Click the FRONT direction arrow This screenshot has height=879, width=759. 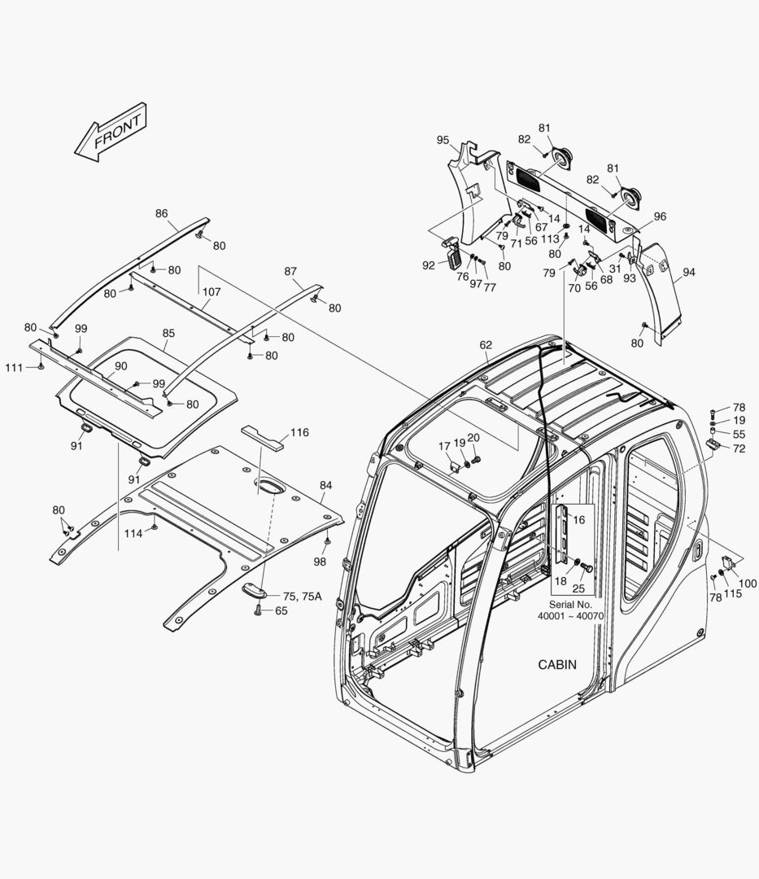110,131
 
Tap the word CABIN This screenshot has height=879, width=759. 557,664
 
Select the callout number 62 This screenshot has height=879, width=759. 486,345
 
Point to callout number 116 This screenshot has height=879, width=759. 299,432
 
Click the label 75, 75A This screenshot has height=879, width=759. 302,596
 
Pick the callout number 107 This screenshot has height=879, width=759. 212,291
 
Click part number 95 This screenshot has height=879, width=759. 443,140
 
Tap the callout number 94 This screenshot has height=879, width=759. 688,272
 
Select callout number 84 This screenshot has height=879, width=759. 325,485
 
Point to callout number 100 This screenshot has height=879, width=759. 748,584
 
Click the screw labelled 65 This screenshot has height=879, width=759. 259,610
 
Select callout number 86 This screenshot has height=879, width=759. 161,213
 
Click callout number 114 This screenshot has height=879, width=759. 133,533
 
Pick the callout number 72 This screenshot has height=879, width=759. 739,448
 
